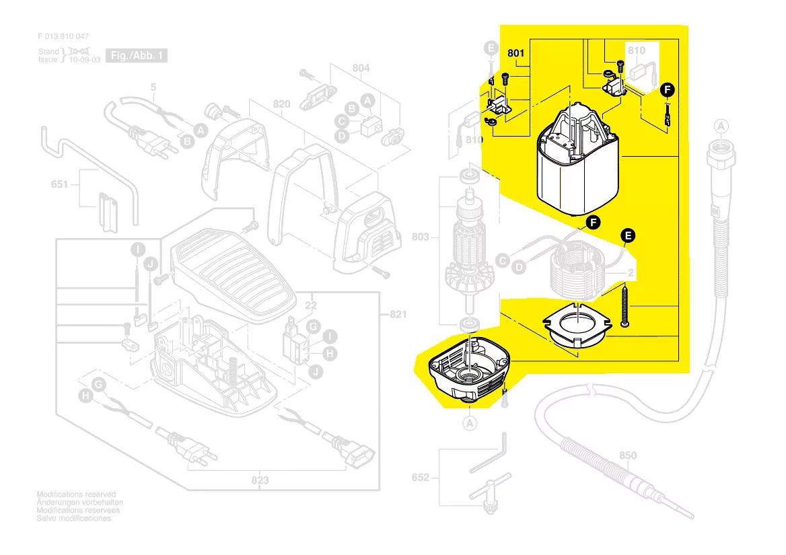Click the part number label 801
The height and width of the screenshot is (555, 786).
tap(516, 52)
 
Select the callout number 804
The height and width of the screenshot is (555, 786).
tap(361, 68)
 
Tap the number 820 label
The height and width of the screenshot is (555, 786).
tap(281, 104)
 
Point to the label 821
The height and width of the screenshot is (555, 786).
tap(398, 315)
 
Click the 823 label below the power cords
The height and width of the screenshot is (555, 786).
tap(260, 480)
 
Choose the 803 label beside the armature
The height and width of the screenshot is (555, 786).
tap(420, 237)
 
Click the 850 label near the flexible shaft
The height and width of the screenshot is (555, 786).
tap(627, 455)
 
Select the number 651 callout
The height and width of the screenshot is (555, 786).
tap(60, 184)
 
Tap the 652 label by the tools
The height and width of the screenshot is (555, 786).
tap(420, 478)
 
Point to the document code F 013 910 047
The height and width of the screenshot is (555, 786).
tap(63, 36)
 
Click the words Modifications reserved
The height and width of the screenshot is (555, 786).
tap(76, 494)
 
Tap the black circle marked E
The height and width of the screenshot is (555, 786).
tap(627, 235)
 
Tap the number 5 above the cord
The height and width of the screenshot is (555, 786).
tap(153, 87)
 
